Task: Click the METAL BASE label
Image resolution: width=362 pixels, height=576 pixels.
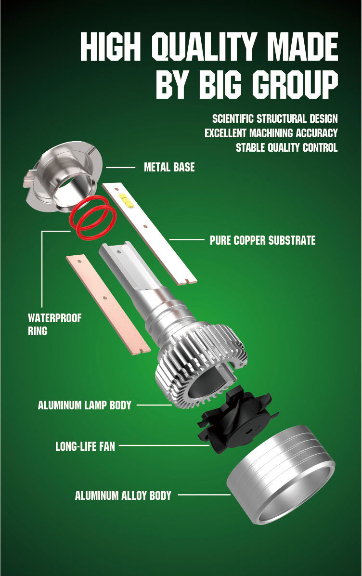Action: pos(169,167)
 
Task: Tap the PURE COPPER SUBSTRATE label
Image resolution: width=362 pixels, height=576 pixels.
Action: pos(262,240)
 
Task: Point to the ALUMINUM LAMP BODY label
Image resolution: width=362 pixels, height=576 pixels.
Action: pos(84,405)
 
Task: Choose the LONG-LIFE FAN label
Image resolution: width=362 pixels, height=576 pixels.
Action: pos(85,446)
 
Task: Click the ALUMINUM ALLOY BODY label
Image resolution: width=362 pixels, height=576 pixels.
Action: pos(123,496)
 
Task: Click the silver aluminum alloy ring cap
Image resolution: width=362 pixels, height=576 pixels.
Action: pos(281,474)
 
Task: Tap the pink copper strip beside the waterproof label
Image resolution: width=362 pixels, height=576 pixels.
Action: pos(108,304)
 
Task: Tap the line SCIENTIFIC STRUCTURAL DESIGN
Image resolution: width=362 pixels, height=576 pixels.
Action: pos(275,118)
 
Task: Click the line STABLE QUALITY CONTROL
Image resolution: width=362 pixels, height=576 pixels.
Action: pos(286,148)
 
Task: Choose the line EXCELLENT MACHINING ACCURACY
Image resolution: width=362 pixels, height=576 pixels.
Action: pos(271,133)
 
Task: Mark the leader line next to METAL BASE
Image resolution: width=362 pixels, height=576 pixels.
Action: pos(120,168)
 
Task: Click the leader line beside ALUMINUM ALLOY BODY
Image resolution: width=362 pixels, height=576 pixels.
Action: pos(204,495)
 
